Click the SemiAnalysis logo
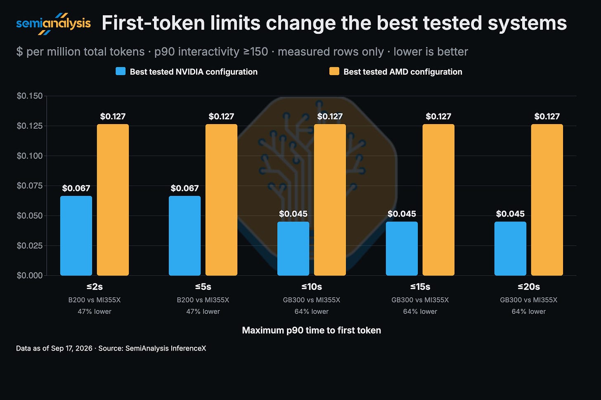click(53, 24)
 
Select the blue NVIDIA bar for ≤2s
click(76, 235)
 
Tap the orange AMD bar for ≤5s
click(221, 200)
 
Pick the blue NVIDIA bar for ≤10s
click(293, 249)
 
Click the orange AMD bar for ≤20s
click(547, 200)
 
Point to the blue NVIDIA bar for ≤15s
click(402, 249)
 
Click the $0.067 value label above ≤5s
click(185, 188)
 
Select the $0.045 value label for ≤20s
click(510, 214)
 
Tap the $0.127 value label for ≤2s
click(113, 116)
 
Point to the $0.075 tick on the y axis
click(30, 186)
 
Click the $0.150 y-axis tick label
click(30, 96)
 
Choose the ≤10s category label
click(312, 287)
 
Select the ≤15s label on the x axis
click(420, 287)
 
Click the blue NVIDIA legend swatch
click(121, 71)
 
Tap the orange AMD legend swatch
click(334, 71)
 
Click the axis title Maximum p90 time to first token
click(312, 330)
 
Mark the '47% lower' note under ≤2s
click(95, 311)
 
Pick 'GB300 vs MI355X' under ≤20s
click(528, 300)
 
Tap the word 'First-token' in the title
click(154, 23)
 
